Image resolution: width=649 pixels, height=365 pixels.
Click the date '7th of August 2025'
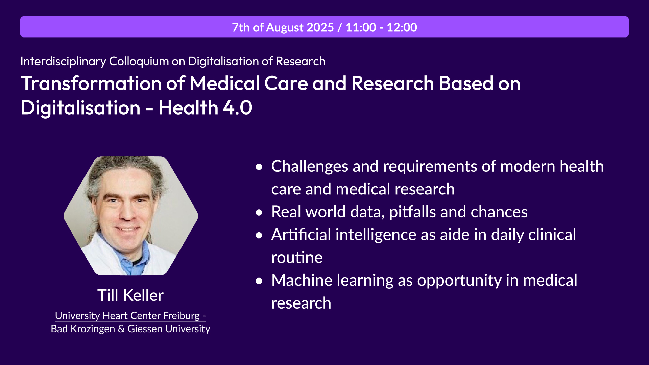click(x=283, y=27)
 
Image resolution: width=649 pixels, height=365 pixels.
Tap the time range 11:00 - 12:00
click(x=381, y=27)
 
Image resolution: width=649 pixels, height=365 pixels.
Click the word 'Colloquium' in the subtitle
click(x=139, y=62)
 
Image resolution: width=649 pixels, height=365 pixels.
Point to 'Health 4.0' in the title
click(x=205, y=107)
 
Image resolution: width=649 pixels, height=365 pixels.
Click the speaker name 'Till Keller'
click(x=130, y=295)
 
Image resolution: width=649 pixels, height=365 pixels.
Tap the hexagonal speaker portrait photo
click(x=131, y=216)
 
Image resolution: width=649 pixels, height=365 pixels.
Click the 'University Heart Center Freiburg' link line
click(x=130, y=316)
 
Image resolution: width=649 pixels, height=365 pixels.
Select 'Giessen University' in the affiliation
click(x=169, y=329)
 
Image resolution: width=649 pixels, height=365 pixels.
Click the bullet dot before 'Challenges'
click(x=259, y=167)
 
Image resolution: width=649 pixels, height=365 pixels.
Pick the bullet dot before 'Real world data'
click(x=259, y=212)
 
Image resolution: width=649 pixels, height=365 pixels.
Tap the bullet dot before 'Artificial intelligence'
click(x=259, y=235)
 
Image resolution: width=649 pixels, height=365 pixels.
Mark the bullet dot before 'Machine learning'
click(x=259, y=281)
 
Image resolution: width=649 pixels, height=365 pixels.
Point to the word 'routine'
click(x=297, y=258)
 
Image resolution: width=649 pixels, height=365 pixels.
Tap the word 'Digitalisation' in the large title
click(x=80, y=108)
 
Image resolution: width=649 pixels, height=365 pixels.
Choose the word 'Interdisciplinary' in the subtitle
click(x=63, y=62)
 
